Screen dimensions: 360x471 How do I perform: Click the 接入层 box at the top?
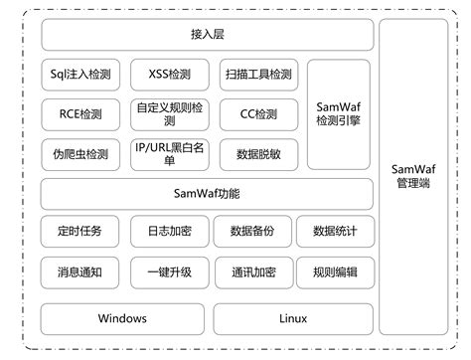click(x=208, y=35)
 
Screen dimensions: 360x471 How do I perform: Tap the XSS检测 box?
click(x=168, y=75)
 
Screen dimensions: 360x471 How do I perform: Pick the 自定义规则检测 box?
click(x=168, y=114)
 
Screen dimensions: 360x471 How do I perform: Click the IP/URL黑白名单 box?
click(x=168, y=154)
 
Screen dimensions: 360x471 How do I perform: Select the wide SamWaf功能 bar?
click(x=208, y=193)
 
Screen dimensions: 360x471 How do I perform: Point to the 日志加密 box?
click(x=168, y=232)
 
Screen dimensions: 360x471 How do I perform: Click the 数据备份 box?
click(x=250, y=232)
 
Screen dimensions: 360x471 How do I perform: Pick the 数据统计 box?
click(x=335, y=232)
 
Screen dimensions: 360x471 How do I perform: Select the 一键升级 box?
click(x=168, y=270)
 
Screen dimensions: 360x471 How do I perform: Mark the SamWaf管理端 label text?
click(x=413, y=175)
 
